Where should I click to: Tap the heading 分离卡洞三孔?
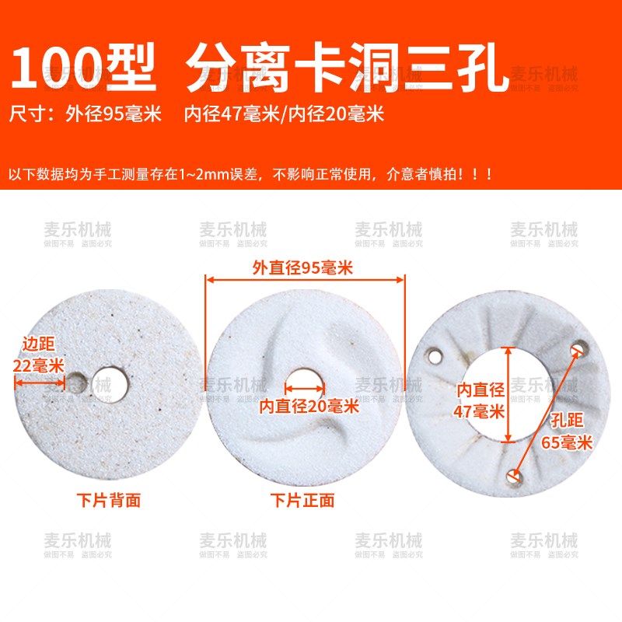(348, 68)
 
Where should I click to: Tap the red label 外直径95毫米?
(303, 267)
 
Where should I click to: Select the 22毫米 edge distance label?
(38, 365)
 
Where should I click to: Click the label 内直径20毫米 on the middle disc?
(309, 405)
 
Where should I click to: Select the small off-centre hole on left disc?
(77, 382)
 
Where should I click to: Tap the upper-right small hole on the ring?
(578, 349)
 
